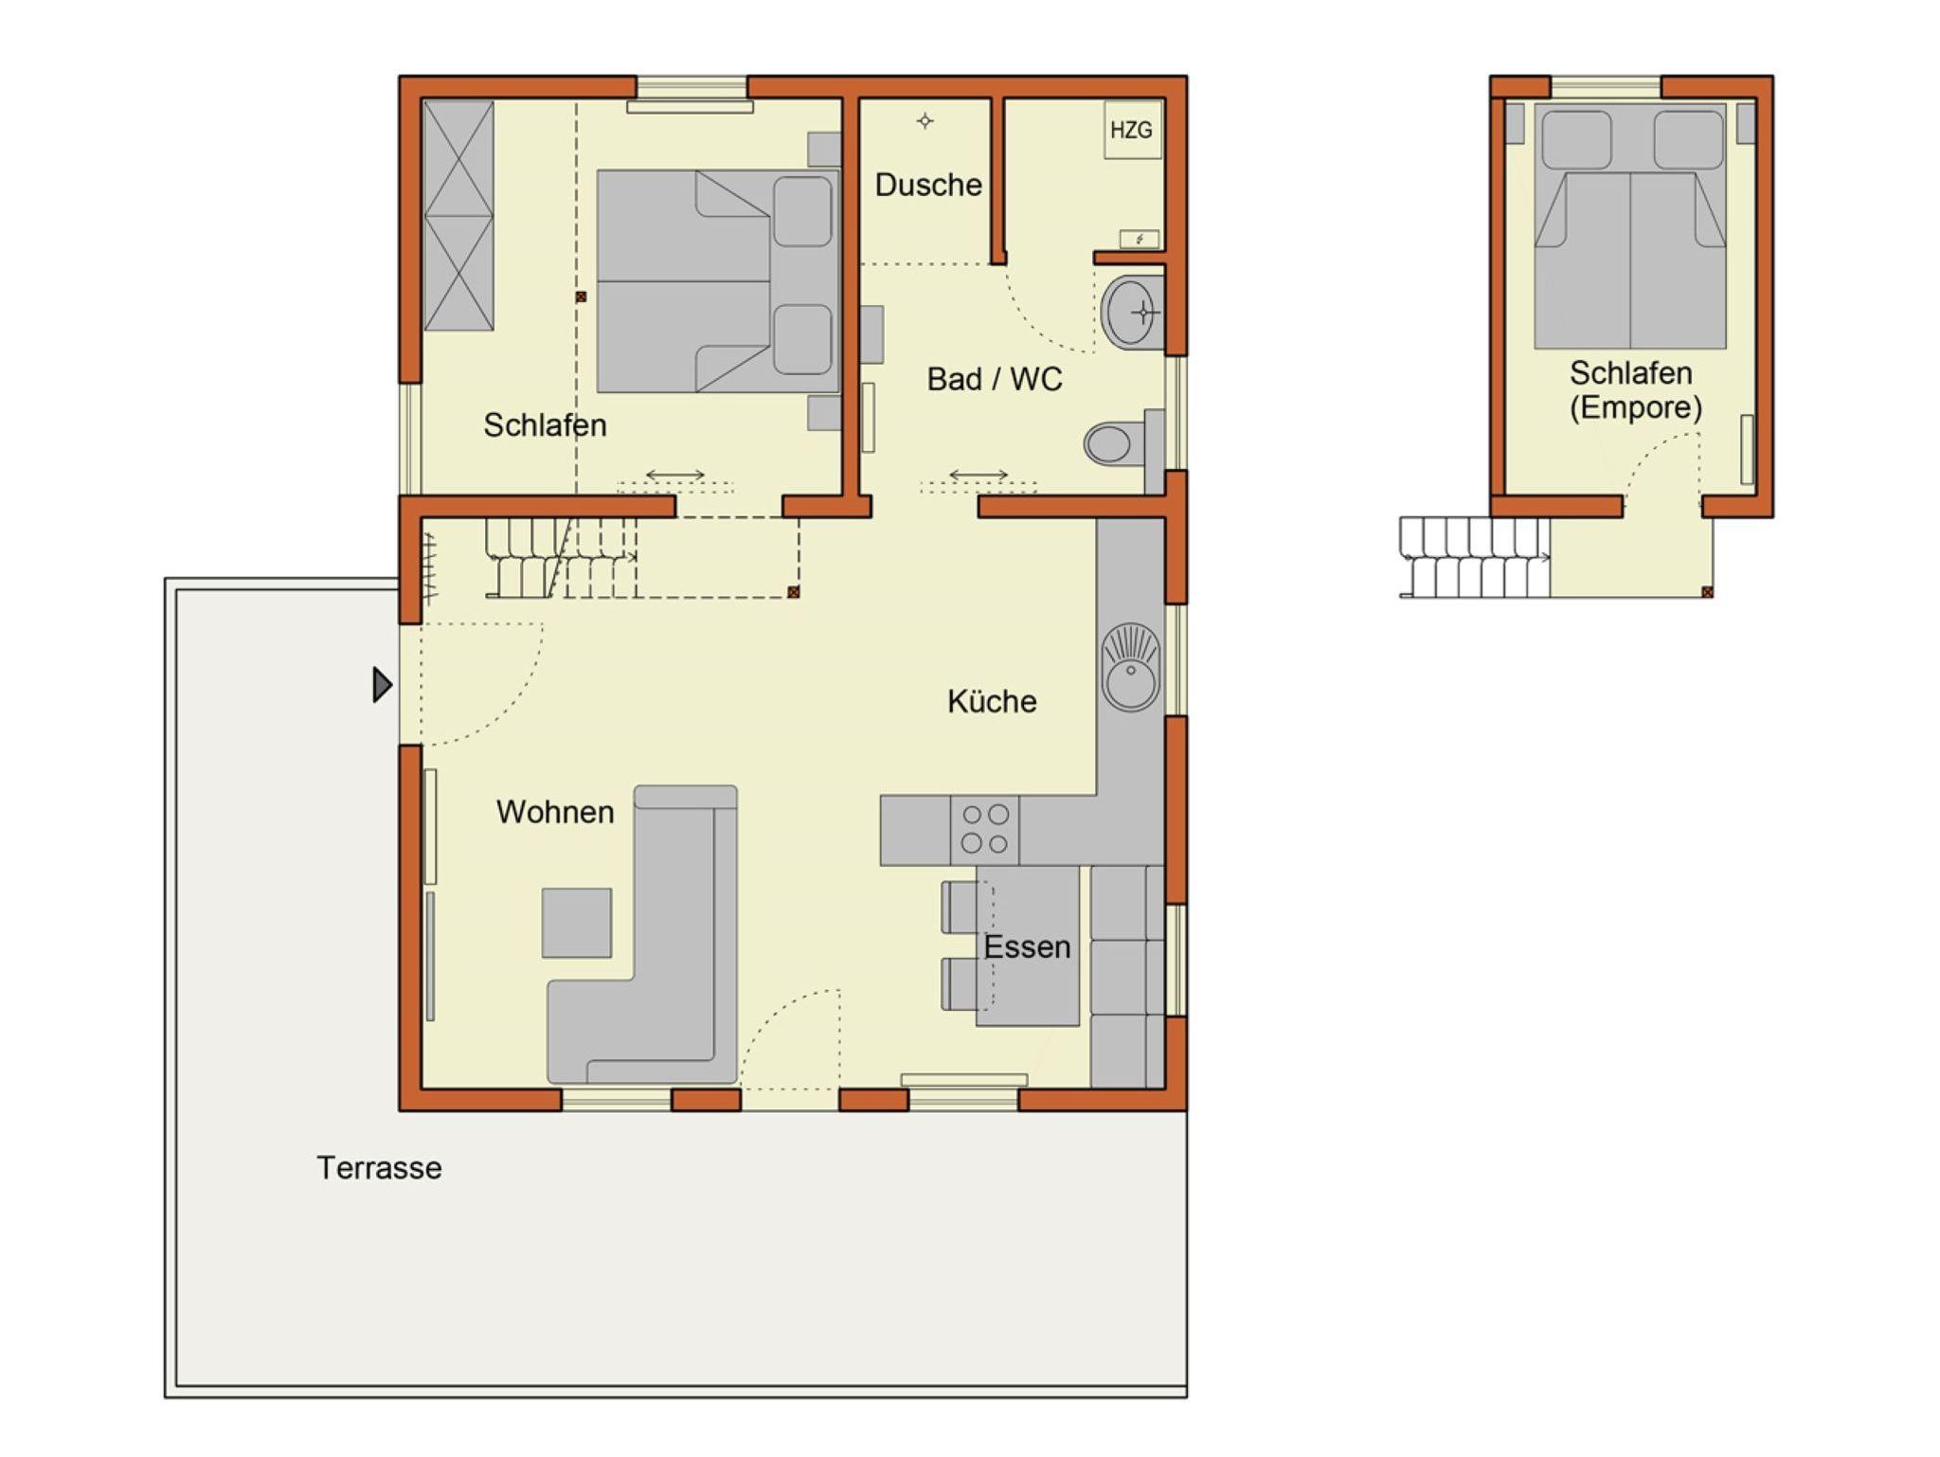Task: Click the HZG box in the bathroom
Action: pyautogui.click(x=1133, y=130)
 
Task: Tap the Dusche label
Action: pyautogui.click(x=927, y=185)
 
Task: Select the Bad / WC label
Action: pyautogui.click(x=995, y=379)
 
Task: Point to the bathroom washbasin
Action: pyautogui.click(x=1132, y=312)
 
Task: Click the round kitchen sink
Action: pyautogui.click(x=1131, y=667)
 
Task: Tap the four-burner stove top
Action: pyautogui.click(x=985, y=829)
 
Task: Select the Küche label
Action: pyautogui.click(x=992, y=701)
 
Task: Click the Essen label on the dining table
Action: pyautogui.click(x=1027, y=946)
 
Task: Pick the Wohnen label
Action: pyautogui.click(x=555, y=812)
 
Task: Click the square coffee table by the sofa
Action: pyautogui.click(x=577, y=923)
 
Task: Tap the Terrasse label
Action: pyautogui.click(x=379, y=1168)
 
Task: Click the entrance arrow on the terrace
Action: pyautogui.click(x=382, y=685)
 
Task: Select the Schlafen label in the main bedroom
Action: pyautogui.click(x=545, y=425)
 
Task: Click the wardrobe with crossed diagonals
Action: pyautogui.click(x=458, y=216)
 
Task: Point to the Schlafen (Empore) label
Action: pyautogui.click(x=1633, y=390)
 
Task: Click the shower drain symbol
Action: pyautogui.click(x=925, y=120)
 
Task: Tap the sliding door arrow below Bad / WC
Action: pyautogui.click(x=979, y=475)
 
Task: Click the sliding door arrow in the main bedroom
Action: pyautogui.click(x=675, y=475)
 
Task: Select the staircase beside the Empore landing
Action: pyautogui.click(x=1475, y=557)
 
